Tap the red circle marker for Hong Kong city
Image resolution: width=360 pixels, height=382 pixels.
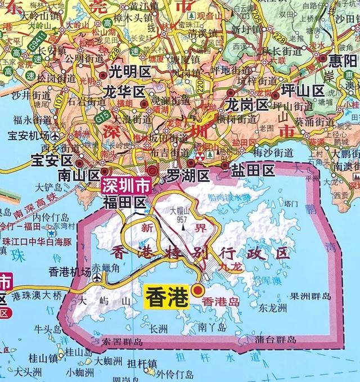click(197, 290)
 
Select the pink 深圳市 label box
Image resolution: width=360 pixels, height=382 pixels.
click(126, 185)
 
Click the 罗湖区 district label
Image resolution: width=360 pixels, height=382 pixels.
click(188, 176)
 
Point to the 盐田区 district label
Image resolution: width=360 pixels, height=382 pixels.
click(254, 169)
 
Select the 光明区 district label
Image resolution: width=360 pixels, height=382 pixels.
click(126, 72)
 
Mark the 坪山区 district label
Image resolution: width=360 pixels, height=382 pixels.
click(303, 91)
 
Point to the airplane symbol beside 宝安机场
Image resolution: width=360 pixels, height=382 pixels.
click(55, 136)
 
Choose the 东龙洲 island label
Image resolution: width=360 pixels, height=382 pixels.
click(273, 308)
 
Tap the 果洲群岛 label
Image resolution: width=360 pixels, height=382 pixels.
click(310, 296)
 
